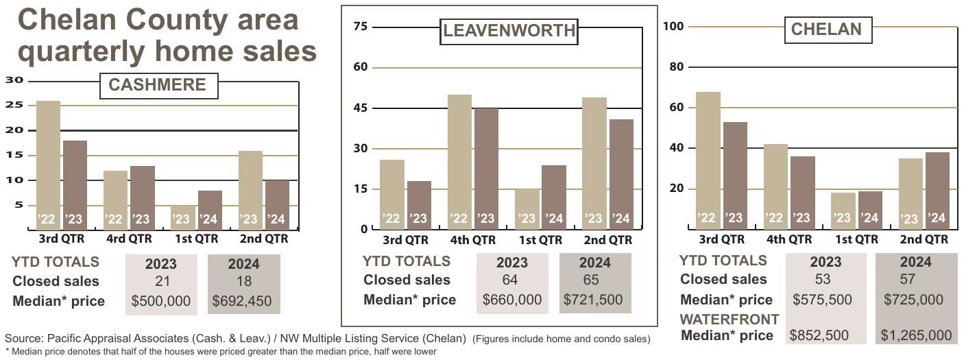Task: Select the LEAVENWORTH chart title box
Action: [508, 31]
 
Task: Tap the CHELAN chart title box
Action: [826, 29]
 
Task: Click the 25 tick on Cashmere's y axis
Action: [14, 105]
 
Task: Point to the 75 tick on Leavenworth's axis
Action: [360, 27]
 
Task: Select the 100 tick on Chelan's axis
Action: [675, 26]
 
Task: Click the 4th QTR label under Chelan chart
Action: [788, 239]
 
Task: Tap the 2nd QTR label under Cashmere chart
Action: [264, 239]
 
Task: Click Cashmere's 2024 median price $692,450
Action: [242, 301]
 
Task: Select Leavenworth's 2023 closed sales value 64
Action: [509, 280]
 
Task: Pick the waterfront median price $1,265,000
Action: [916, 335]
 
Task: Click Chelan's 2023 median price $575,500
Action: [821, 300]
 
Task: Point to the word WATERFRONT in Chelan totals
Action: [729, 320]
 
